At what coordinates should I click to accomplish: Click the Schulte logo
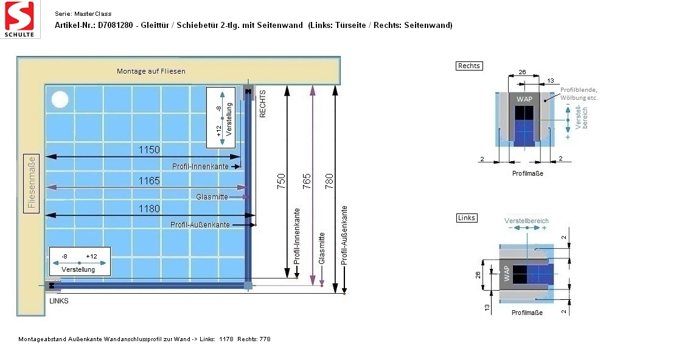click(x=20, y=19)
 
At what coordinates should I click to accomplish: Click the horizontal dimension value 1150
click(x=150, y=150)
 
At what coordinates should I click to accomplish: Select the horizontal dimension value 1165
click(x=150, y=181)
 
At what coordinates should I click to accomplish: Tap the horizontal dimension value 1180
click(x=150, y=209)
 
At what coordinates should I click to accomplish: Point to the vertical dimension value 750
click(x=282, y=181)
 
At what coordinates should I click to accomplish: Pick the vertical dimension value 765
click(x=307, y=181)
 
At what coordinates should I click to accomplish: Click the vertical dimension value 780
click(x=329, y=181)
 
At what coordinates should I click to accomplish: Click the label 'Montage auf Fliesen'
click(x=151, y=71)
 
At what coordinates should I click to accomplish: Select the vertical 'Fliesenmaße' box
click(x=31, y=184)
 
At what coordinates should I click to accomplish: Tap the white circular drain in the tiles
click(x=60, y=100)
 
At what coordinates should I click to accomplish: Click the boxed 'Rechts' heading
click(x=469, y=66)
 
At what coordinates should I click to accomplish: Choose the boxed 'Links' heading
click(x=467, y=218)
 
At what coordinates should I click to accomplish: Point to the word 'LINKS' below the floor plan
click(x=59, y=301)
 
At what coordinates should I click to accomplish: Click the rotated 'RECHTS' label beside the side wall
click(x=262, y=104)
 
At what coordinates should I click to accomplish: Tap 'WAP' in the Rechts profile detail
click(x=524, y=99)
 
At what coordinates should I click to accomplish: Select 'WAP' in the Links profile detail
click(x=507, y=274)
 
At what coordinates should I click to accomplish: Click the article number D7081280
click(x=115, y=25)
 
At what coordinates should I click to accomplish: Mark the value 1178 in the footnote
click(x=226, y=339)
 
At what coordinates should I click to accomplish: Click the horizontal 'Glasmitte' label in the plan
click(x=212, y=197)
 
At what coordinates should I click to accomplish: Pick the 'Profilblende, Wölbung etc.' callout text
click(x=579, y=94)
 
